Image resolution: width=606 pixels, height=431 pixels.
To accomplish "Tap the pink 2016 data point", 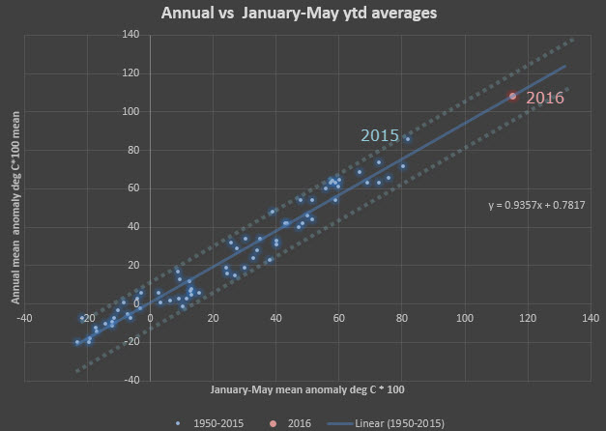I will [512, 97].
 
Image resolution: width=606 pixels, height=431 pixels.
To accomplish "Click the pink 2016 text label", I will [545, 98].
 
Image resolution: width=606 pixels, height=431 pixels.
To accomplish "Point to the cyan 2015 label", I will [380, 135].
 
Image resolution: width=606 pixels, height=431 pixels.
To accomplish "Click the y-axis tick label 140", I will [130, 35].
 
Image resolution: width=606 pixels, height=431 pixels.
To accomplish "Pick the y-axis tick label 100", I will [130, 112].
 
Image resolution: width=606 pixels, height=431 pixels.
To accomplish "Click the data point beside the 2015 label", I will [408, 139].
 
